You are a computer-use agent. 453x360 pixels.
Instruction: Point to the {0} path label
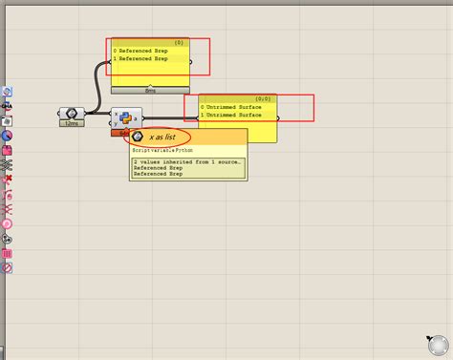tap(179, 42)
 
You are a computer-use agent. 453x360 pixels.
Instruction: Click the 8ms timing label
tap(150, 90)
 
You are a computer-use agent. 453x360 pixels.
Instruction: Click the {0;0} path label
tap(264, 98)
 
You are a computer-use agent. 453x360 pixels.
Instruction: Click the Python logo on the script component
tap(126, 119)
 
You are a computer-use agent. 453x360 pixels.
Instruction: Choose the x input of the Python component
tap(116, 115)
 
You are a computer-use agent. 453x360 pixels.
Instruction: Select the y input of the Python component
tap(116, 124)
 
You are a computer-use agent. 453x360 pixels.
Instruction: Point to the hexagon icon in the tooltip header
tap(138, 138)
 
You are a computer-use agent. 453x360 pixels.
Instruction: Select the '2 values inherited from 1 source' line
tap(187, 162)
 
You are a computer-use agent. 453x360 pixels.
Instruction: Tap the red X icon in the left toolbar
tap(7, 179)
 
